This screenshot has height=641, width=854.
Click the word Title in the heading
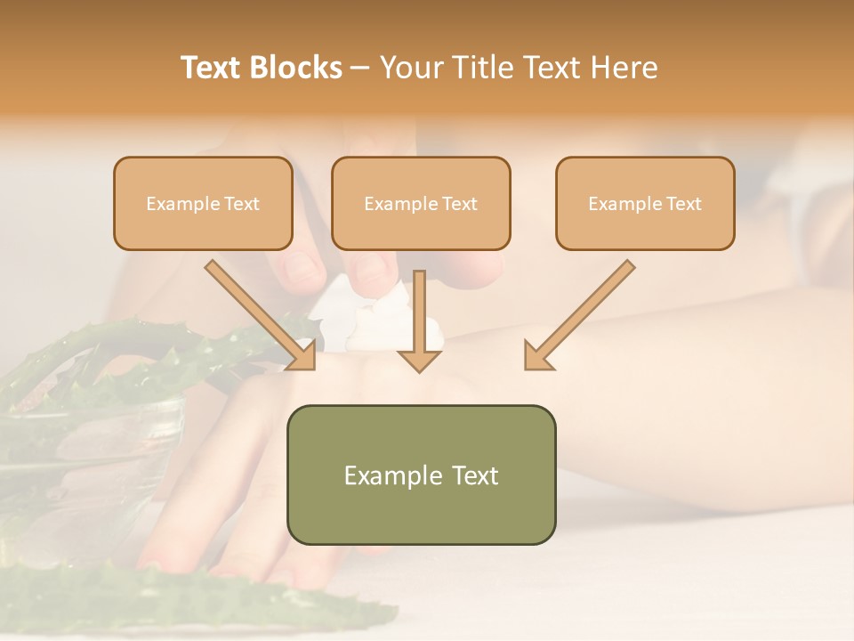click(x=481, y=68)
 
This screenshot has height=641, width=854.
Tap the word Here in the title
click(x=623, y=68)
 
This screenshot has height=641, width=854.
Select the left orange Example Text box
click(x=203, y=203)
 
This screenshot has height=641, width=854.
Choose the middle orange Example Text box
click(x=421, y=203)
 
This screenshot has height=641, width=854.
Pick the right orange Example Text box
click(x=645, y=203)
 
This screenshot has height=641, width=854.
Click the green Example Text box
click(x=421, y=475)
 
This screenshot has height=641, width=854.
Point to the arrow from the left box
click(x=260, y=313)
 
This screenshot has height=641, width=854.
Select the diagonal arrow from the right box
click(x=580, y=313)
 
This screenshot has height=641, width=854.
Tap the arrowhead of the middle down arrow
click(x=420, y=359)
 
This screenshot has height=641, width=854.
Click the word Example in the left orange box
click(x=179, y=204)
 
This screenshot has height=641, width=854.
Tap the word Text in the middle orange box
click(x=459, y=204)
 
